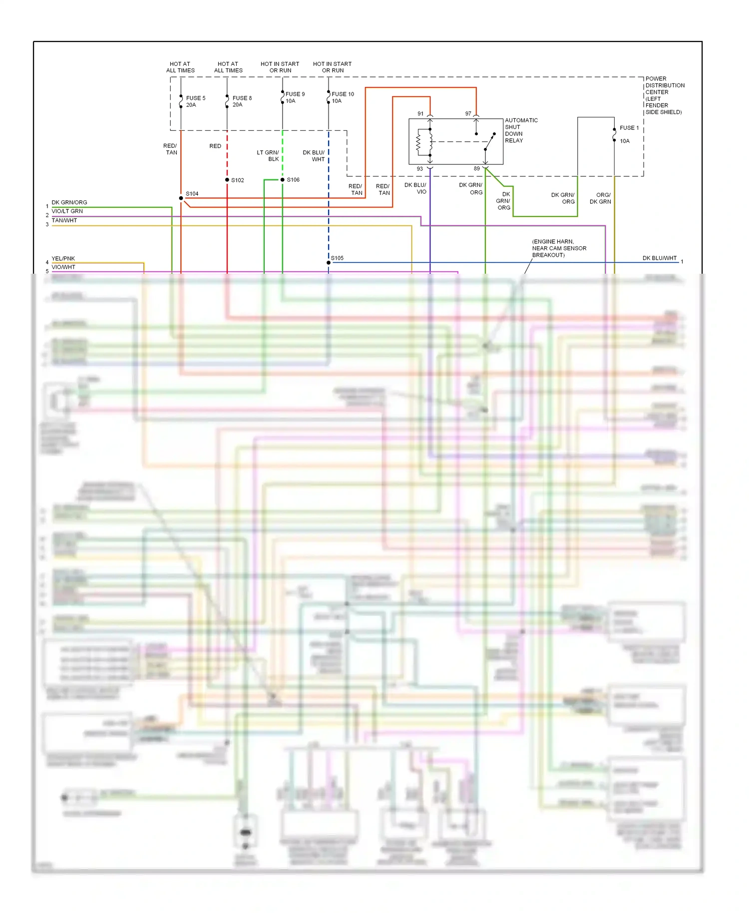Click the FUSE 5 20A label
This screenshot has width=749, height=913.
[x=196, y=101]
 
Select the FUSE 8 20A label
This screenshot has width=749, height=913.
[x=242, y=101]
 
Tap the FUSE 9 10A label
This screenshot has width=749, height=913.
[x=295, y=97]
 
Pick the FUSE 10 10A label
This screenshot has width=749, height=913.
[x=342, y=97]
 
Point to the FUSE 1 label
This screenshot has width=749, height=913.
[x=629, y=128]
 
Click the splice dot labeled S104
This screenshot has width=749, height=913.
[x=181, y=198]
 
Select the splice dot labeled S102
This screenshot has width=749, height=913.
[x=227, y=180]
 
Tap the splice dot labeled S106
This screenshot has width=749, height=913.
[x=283, y=180]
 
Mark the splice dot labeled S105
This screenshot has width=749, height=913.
[x=329, y=263]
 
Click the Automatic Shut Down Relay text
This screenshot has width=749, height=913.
[x=521, y=130]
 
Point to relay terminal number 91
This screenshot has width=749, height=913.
[x=420, y=114]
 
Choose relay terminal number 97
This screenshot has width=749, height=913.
[x=468, y=114]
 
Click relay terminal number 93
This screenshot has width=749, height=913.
[x=420, y=169]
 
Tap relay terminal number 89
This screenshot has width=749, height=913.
[x=477, y=169]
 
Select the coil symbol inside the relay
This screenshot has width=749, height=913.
[x=419, y=143]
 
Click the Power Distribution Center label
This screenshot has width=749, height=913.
[x=664, y=95]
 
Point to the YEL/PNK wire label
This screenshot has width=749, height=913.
[x=63, y=259]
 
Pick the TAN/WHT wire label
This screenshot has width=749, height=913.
[x=64, y=220]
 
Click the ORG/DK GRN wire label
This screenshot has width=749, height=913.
[x=600, y=198]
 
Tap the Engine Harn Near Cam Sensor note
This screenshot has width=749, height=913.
[x=559, y=248]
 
